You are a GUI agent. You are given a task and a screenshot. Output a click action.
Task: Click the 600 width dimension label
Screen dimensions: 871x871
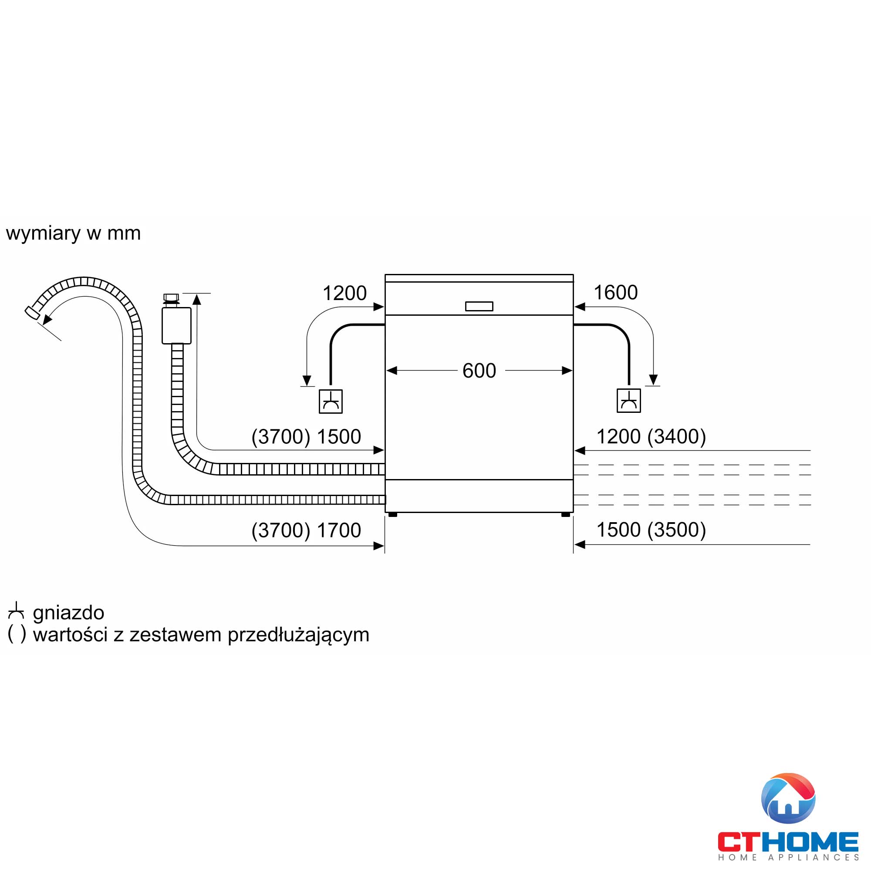tap(479, 371)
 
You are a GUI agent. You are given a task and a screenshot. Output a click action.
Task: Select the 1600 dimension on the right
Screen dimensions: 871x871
tap(615, 293)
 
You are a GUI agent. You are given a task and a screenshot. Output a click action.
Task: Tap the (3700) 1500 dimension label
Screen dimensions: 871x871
tap(306, 437)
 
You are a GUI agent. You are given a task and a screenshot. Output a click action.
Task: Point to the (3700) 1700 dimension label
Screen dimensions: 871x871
tap(306, 530)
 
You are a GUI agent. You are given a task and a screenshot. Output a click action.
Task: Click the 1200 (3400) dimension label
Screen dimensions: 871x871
tap(651, 436)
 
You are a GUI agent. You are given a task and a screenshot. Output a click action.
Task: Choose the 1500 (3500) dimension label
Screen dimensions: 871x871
tap(651, 530)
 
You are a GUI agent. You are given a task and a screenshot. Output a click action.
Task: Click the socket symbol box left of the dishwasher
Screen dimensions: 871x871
tap(331, 401)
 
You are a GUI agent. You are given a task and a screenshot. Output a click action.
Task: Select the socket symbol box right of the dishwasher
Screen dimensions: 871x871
tap(628, 401)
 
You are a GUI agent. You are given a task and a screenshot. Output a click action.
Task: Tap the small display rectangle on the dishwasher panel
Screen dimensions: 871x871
tap(479, 307)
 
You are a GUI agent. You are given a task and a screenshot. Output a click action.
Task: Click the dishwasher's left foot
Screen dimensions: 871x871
tap(393, 514)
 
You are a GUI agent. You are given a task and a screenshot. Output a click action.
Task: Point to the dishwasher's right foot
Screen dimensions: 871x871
tap(565, 514)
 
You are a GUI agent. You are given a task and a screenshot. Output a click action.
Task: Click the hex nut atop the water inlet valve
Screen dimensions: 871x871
tap(171, 297)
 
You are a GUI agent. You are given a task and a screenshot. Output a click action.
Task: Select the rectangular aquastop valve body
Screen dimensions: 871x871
tap(176, 325)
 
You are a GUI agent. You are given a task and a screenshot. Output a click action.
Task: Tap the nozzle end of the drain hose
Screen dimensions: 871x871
tap(31, 312)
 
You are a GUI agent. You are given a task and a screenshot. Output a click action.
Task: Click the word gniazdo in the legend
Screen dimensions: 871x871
tap(68, 613)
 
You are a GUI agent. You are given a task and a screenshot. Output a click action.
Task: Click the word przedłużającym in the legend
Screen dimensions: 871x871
tap(298, 635)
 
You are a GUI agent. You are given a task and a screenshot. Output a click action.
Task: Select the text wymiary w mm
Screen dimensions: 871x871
tap(74, 233)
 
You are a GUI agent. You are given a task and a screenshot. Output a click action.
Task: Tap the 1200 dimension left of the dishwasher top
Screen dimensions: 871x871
tap(344, 294)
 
